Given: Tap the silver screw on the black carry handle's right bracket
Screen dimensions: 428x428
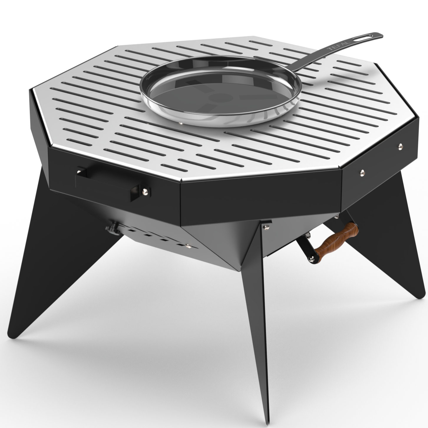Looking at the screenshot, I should tap(144, 192).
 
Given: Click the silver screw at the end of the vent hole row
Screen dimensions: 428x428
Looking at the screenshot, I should tap(189, 247).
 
